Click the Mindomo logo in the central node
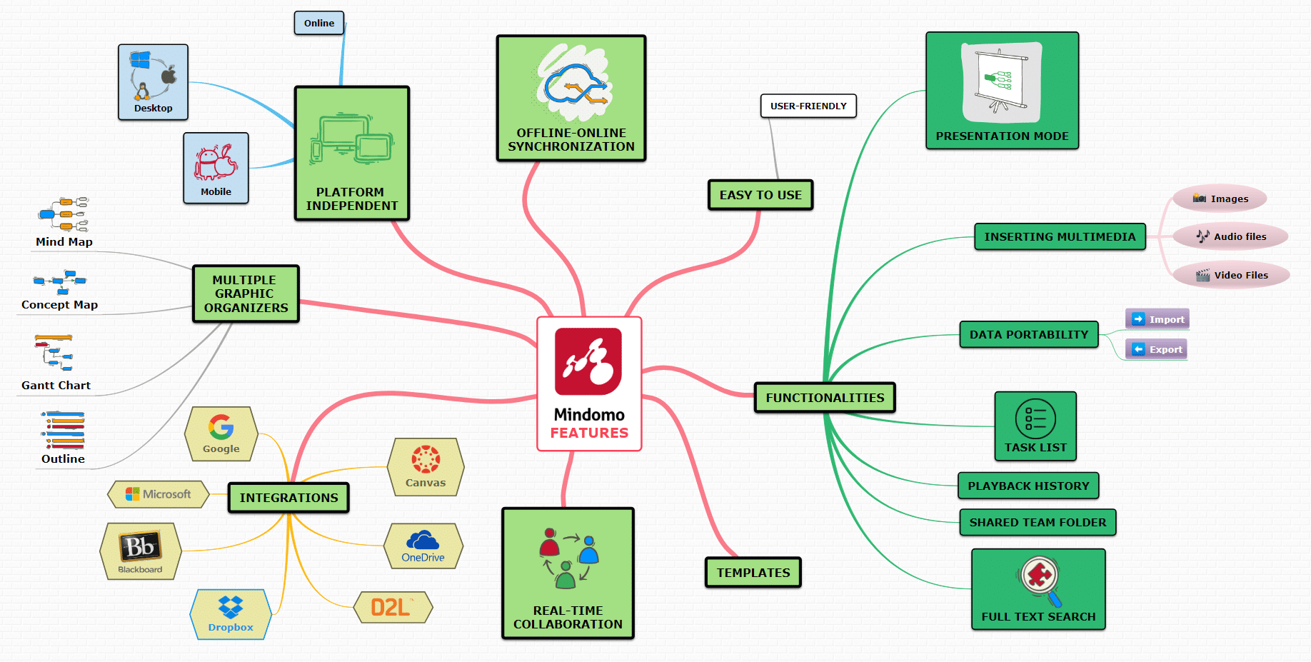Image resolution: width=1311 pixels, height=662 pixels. click(588, 361)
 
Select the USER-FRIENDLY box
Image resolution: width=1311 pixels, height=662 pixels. click(808, 106)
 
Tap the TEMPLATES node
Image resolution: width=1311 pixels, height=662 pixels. click(753, 573)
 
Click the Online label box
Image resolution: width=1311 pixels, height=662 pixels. click(319, 23)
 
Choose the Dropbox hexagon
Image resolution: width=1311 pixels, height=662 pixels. click(231, 614)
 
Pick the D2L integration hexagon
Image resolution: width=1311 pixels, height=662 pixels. click(393, 607)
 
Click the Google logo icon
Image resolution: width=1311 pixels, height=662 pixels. click(221, 427)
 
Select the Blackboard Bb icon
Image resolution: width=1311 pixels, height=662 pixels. click(140, 546)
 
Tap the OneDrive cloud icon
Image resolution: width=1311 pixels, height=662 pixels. click(423, 540)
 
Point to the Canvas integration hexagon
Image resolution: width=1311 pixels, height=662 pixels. click(426, 467)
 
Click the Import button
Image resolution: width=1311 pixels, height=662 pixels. click(1157, 319)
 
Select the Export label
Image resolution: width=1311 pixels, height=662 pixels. click(1166, 349)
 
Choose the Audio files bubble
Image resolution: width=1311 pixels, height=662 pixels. click(1230, 236)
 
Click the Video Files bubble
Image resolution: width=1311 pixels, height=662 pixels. click(1231, 275)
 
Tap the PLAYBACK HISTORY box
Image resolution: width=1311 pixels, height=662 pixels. click(1028, 486)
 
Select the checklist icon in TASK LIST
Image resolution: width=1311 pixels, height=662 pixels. click(1035, 418)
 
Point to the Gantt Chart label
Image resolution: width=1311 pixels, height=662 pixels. click(56, 386)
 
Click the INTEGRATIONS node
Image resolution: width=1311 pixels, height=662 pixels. click(288, 498)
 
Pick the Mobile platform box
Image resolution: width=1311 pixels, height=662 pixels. click(216, 168)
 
